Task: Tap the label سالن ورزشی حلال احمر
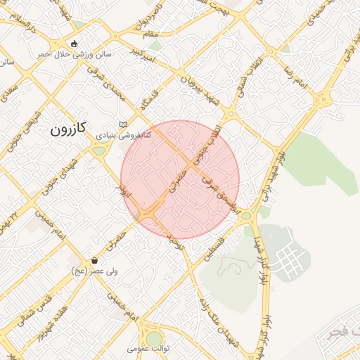pyautogui.click(x=75, y=54)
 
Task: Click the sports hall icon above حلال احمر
pyautogui.click(x=75, y=44)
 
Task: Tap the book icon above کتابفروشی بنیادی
pyautogui.click(x=123, y=122)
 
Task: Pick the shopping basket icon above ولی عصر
pyautogui.click(x=94, y=260)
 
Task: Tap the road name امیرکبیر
pyautogui.click(x=143, y=55)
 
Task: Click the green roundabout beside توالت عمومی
pyautogui.click(x=153, y=339)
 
